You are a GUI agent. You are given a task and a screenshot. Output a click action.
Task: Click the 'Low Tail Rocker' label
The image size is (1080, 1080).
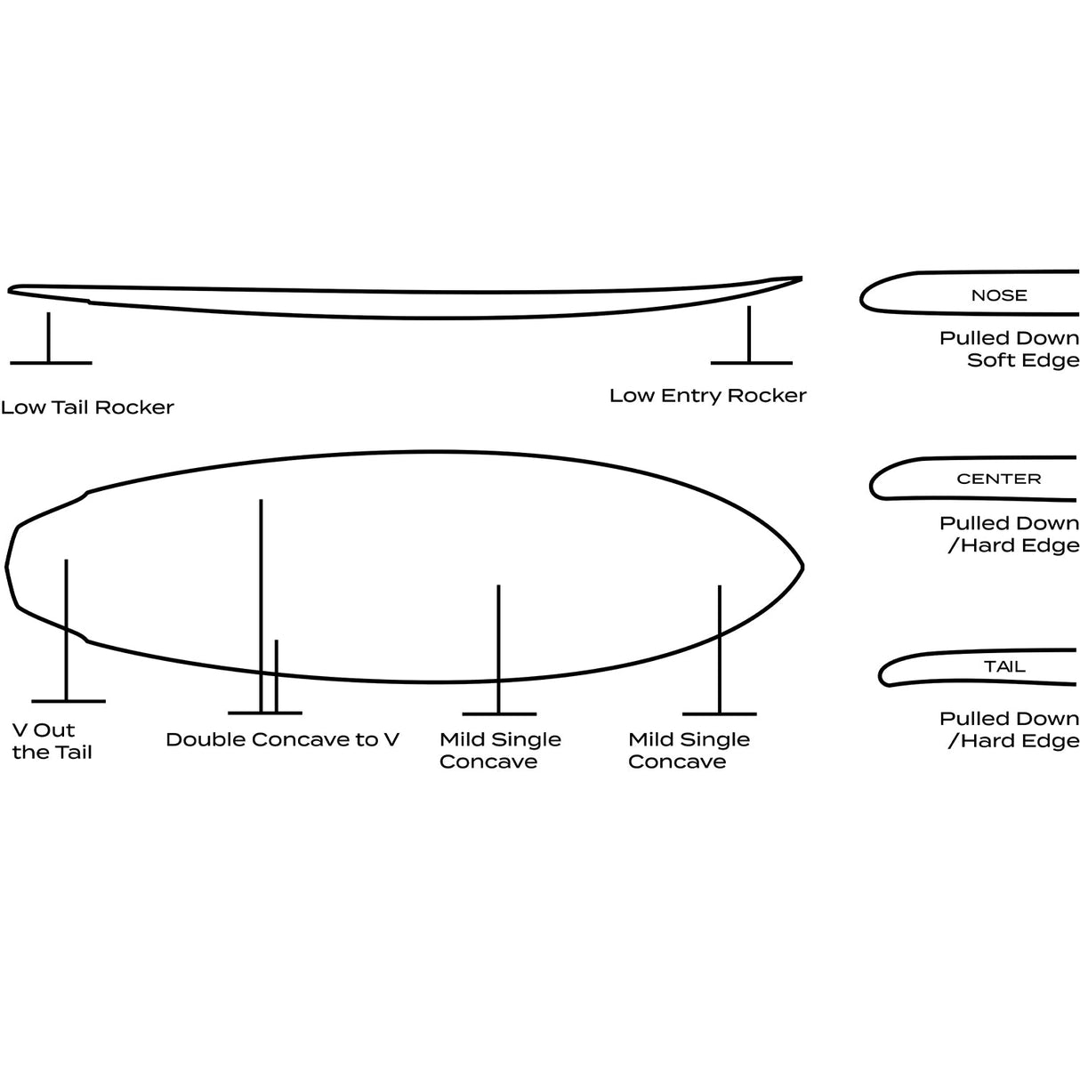click(87, 407)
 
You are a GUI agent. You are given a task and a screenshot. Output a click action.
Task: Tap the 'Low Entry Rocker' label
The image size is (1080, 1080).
click(708, 395)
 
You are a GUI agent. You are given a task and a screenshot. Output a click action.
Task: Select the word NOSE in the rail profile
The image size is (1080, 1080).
click(999, 294)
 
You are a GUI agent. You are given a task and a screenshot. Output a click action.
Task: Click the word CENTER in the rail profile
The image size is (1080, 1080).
click(999, 479)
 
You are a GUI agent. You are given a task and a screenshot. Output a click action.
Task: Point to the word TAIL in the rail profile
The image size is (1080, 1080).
click(1005, 666)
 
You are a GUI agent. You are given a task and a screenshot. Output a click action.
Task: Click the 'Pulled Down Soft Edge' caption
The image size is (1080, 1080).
click(1010, 349)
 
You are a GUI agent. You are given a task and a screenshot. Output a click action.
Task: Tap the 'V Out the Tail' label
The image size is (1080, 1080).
click(52, 741)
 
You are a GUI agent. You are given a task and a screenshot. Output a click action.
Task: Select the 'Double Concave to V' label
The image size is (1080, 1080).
click(283, 739)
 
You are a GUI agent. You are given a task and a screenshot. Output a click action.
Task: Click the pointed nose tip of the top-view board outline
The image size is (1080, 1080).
click(802, 568)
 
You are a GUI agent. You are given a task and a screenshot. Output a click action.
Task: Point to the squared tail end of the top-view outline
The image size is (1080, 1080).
click(7, 566)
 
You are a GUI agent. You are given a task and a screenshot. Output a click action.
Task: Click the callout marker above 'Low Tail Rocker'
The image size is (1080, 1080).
click(50, 339)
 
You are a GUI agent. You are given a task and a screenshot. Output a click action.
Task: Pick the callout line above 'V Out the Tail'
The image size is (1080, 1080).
click(67, 630)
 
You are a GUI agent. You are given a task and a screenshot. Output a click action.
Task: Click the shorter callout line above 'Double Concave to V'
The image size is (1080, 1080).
click(277, 676)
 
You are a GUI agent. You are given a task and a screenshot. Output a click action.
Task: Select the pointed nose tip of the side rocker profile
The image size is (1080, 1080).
click(801, 278)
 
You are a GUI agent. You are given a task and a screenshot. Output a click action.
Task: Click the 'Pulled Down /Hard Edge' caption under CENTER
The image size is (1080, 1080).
click(1010, 534)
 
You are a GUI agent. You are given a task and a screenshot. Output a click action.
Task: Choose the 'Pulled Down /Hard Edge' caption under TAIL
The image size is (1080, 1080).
click(1010, 729)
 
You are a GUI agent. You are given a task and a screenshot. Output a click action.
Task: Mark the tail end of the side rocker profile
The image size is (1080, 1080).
click(10, 290)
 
